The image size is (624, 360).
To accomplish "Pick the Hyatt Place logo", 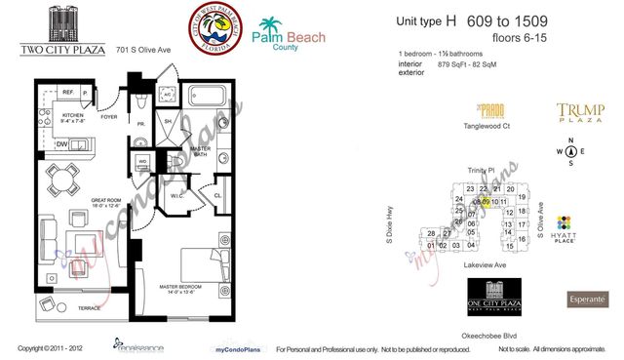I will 565,230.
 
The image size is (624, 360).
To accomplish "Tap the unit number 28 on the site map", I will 432,233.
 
